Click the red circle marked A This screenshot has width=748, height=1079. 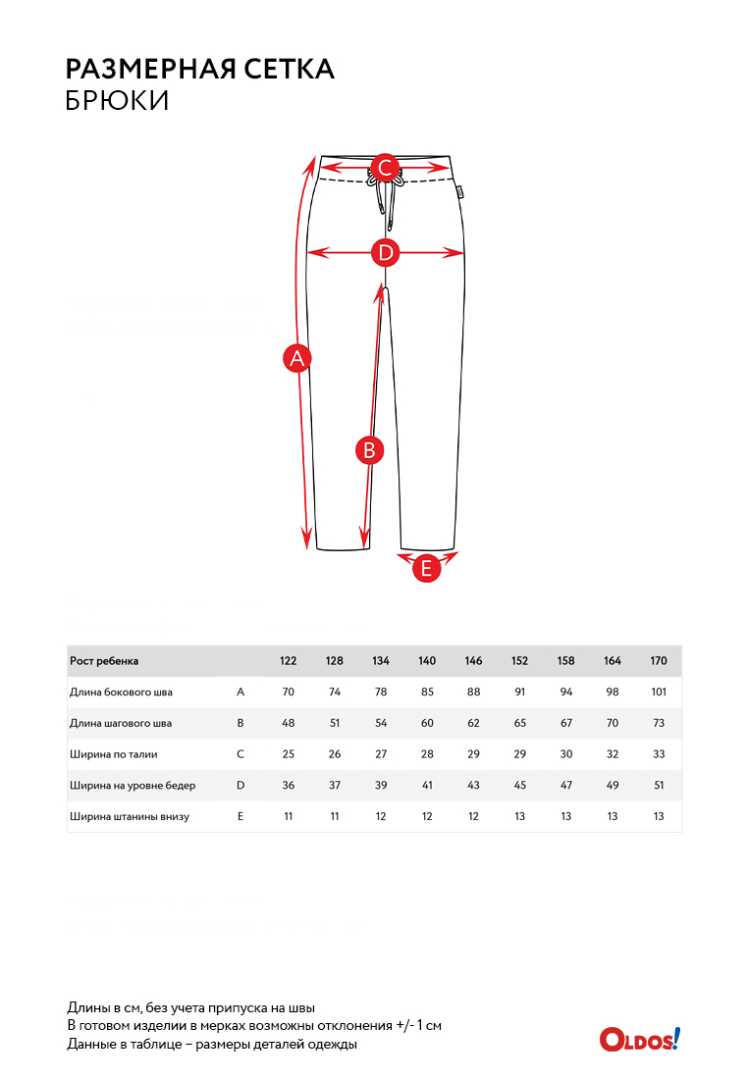[x=297, y=359]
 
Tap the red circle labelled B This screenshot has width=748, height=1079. [x=369, y=450]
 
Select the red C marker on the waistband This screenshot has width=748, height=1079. [x=386, y=168]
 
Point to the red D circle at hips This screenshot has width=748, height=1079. [x=386, y=253]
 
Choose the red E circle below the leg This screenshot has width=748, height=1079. [x=426, y=568]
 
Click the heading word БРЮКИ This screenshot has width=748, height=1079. [x=117, y=100]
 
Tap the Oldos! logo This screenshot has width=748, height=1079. [x=639, y=1039]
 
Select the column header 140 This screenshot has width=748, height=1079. [x=427, y=661]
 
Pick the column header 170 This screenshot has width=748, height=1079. [x=659, y=661]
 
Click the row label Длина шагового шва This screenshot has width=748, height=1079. [x=121, y=724]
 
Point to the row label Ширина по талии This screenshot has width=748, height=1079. [x=114, y=754]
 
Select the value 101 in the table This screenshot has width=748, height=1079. [x=659, y=693]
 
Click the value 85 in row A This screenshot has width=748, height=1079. [x=427, y=693]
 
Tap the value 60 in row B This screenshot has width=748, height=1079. [x=427, y=724]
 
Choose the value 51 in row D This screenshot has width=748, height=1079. [x=659, y=786]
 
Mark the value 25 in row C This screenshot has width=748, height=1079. [x=289, y=754]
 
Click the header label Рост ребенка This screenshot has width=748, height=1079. [x=104, y=661]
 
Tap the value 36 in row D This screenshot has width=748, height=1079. [x=289, y=786]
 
